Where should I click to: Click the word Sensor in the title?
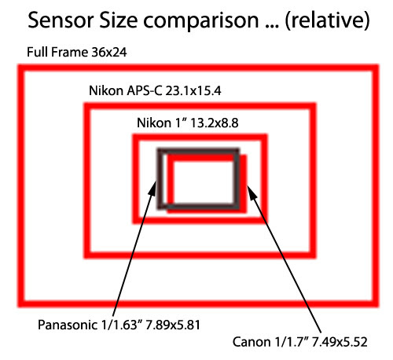coord(61,20)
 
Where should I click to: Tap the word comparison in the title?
coord(201,22)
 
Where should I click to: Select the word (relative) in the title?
coord(327,20)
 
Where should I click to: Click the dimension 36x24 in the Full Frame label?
coord(109,52)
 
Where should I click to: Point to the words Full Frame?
coord(57,52)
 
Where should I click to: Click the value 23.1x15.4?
coord(193,90)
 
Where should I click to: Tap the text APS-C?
coord(144,90)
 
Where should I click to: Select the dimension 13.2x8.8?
coord(215,123)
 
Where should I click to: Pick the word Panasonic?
coord(68,325)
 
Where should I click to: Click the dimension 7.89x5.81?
coord(173,325)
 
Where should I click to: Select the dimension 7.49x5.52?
coord(340,342)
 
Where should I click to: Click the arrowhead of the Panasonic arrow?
coord(155,182)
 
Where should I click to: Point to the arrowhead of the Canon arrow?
coord(248,186)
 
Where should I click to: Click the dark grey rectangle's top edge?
coord(198,152)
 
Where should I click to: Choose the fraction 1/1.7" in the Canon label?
coord(292,342)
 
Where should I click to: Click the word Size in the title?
coord(119,20)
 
